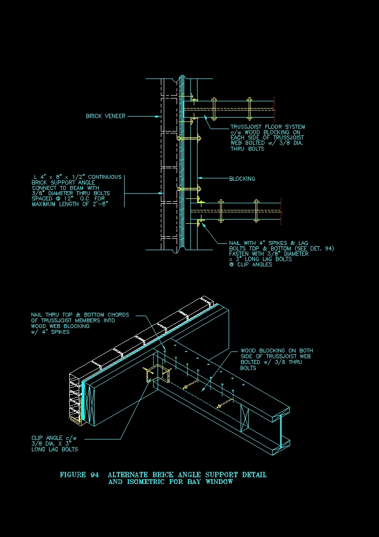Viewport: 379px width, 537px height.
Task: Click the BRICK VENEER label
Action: click(x=105, y=116)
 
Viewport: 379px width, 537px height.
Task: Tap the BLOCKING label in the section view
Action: click(x=242, y=179)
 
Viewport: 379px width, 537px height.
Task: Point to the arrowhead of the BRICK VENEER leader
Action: click(x=158, y=116)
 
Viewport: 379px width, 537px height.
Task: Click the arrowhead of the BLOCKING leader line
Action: click(x=199, y=179)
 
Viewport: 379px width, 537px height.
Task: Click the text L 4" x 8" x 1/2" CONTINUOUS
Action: click(x=77, y=177)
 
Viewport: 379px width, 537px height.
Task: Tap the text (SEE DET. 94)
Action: click(x=315, y=249)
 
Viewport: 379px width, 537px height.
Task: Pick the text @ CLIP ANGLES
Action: click(x=251, y=265)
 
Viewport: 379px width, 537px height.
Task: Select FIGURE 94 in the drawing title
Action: click(x=79, y=475)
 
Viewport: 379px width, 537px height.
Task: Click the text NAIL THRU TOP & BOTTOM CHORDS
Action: click(x=80, y=315)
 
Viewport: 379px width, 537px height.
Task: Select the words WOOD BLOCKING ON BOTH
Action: click(x=276, y=351)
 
